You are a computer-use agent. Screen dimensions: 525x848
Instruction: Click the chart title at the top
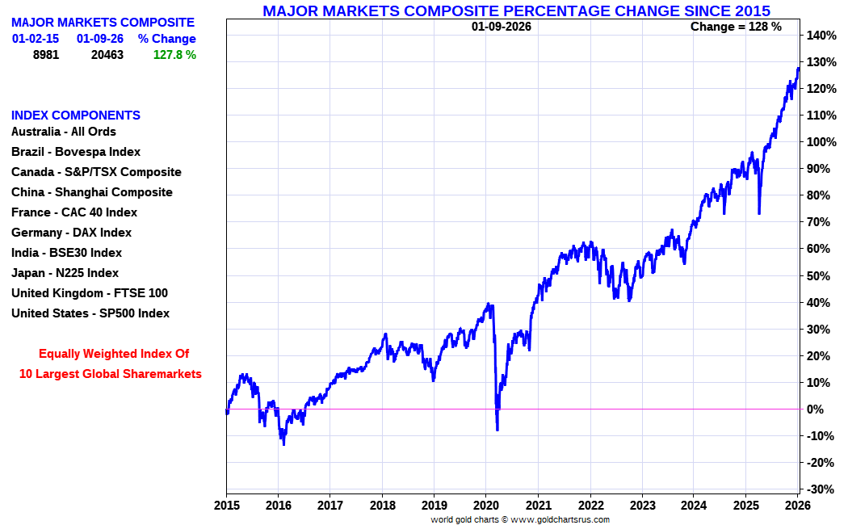pyautogui.click(x=516, y=10)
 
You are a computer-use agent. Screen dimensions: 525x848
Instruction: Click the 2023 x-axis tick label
pyautogui.click(x=642, y=506)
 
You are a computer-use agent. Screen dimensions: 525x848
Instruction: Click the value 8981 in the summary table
pyautogui.click(x=45, y=55)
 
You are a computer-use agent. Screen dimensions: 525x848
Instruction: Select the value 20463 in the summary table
pyautogui.click(x=107, y=55)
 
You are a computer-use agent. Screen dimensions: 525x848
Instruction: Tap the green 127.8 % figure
pyautogui.click(x=174, y=55)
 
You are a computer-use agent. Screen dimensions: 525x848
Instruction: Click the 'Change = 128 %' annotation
pyautogui.click(x=736, y=27)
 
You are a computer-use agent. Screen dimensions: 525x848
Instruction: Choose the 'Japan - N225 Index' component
pyautogui.click(x=65, y=273)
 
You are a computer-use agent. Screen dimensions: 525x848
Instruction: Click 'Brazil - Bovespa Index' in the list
pyautogui.click(x=76, y=152)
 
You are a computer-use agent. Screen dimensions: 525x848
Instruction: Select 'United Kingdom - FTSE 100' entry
pyautogui.click(x=90, y=293)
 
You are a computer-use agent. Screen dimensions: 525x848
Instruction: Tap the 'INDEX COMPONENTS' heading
pyautogui.click(x=76, y=115)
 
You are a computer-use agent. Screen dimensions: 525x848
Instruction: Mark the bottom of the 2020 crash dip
pyautogui.click(x=497, y=429)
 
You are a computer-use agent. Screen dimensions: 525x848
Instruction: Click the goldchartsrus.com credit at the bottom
pyautogui.click(x=519, y=519)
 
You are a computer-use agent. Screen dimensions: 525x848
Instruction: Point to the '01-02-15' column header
pyautogui.click(x=36, y=39)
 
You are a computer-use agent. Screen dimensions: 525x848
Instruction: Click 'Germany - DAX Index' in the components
pyautogui.click(x=71, y=233)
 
